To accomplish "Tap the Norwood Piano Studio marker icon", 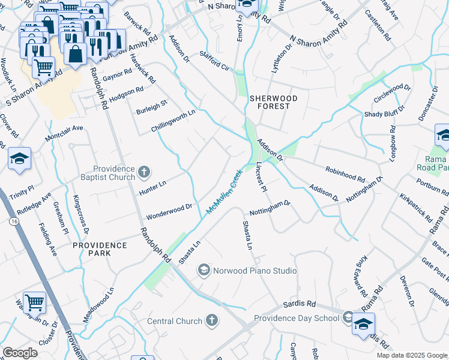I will click(x=204, y=271).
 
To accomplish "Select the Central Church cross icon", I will click(x=211, y=320).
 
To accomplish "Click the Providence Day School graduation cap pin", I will click(x=363, y=325).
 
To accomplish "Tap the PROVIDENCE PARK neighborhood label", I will click(x=100, y=250).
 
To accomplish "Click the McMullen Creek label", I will click(x=224, y=191).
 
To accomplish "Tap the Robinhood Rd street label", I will click(x=345, y=175).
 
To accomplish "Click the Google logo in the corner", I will click(x=20, y=352).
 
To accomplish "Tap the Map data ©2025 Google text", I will click(x=411, y=355).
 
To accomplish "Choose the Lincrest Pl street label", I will click(x=261, y=177).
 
